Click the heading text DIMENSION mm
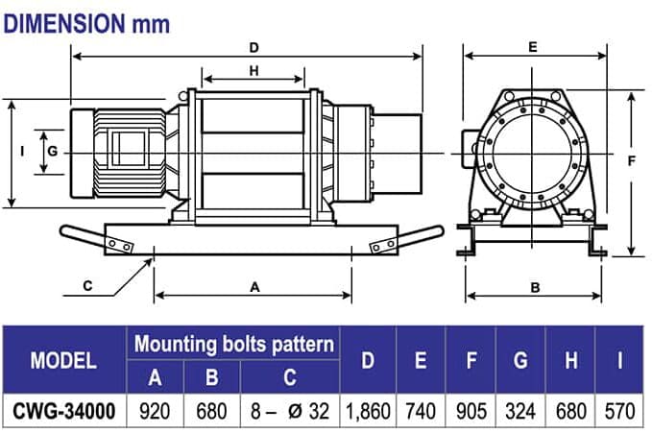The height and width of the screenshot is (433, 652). coord(80,24)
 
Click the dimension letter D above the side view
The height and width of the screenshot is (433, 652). coord(254,47)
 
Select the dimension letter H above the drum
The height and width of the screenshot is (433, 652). coord(254,71)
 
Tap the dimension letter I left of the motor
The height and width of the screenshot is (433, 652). coord(21,151)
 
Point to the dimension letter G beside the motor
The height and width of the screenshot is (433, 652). coord(53,152)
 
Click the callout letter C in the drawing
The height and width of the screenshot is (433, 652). coord(87,285)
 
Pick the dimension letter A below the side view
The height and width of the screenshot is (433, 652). coord(254,286)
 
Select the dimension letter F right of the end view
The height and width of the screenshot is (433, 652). coord(631,161)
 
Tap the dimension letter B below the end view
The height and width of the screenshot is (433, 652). coord(535,286)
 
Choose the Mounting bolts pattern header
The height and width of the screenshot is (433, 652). coord(234,344)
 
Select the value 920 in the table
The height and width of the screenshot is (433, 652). coord(155,410)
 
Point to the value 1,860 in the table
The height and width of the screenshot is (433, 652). coord(368,410)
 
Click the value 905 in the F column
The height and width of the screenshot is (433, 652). coord(471,410)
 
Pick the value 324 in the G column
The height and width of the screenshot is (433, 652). coord(520,410)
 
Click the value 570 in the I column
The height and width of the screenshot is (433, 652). coord(620,410)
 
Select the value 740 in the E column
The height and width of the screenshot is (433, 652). coord(421,410)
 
